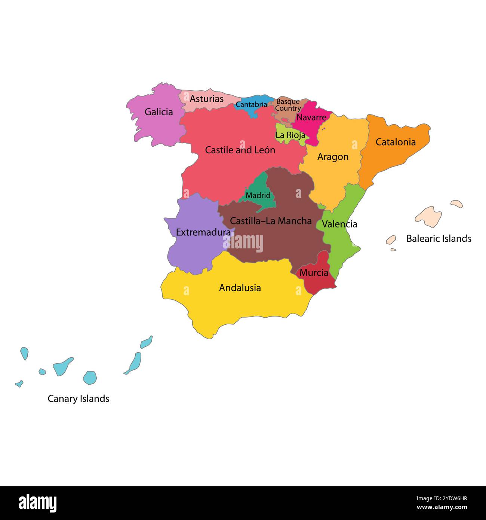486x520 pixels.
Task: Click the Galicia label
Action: (x=159, y=112)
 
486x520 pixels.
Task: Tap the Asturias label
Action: (x=206, y=99)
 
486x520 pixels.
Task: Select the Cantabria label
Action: (x=251, y=105)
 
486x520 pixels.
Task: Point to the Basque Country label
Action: (x=288, y=105)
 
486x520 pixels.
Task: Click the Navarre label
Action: (x=311, y=117)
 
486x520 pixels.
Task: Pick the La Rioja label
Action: (x=290, y=135)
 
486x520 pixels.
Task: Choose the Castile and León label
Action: (x=240, y=150)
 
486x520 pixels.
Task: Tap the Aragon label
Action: (x=333, y=157)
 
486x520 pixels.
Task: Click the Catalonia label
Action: (x=396, y=142)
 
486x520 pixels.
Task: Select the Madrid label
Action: (x=258, y=195)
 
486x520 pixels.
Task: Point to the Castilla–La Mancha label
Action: (x=271, y=221)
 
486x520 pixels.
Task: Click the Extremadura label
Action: (x=203, y=232)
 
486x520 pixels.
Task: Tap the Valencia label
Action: (x=339, y=224)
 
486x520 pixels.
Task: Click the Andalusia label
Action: (x=240, y=288)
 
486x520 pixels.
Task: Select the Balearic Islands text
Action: (x=439, y=239)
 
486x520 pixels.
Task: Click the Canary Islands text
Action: (x=79, y=399)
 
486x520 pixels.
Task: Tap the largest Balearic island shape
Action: (x=428, y=217)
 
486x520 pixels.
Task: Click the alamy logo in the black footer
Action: (x=37, y=503)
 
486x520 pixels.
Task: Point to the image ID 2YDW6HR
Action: (x=442, y=498)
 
